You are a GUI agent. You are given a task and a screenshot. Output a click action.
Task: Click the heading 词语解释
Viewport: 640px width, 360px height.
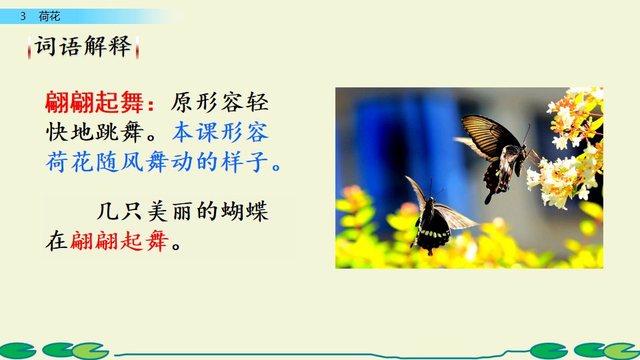point(83,47)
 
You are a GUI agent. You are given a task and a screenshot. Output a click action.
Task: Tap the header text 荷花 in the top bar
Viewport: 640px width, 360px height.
point(49,17)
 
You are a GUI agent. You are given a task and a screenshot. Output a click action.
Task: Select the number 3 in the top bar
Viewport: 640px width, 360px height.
point(23,17)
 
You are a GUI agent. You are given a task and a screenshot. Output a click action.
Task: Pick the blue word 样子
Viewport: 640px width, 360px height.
point(245,161)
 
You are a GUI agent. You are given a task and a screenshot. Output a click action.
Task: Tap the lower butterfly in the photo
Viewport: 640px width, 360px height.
point(434,217)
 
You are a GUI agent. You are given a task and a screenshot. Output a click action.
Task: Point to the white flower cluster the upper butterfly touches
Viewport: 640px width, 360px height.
point(560,177)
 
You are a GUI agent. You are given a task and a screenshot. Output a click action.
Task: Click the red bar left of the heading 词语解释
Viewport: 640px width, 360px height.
point(30,48)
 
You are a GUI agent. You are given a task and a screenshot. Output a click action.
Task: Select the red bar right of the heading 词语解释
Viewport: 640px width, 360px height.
point(137,48)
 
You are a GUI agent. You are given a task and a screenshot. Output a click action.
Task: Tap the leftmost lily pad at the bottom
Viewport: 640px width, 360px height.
point(16,351)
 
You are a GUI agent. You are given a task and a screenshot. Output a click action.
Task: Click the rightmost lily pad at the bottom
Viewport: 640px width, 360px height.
point(623,351)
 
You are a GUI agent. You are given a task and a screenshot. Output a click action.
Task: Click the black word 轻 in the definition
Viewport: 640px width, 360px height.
point(257,103)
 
